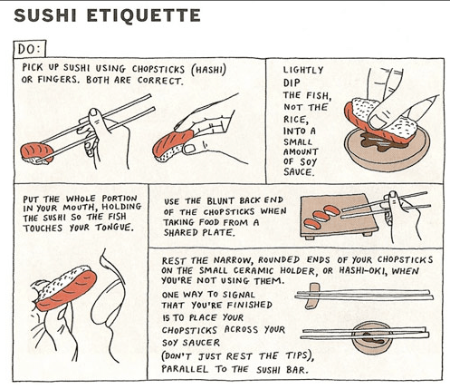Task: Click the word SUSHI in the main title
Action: (x=45, y=15)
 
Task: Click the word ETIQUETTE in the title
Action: (x=144, y=15)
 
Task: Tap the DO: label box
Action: (x=29, y=49)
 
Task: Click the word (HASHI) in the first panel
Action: (x=208, y=70)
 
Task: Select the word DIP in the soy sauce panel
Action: (x=292, y=83)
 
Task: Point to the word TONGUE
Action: (x=114, y=228)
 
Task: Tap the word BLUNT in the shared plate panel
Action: (x=220, y=201)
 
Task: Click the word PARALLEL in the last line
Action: (x=185, y=369)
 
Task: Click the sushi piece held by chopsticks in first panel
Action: (x=36, y=153)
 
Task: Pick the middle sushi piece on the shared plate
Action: (x=321, y=216)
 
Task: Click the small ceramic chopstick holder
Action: (x=312, y=297)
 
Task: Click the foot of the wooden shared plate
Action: (x=368, y=234)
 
